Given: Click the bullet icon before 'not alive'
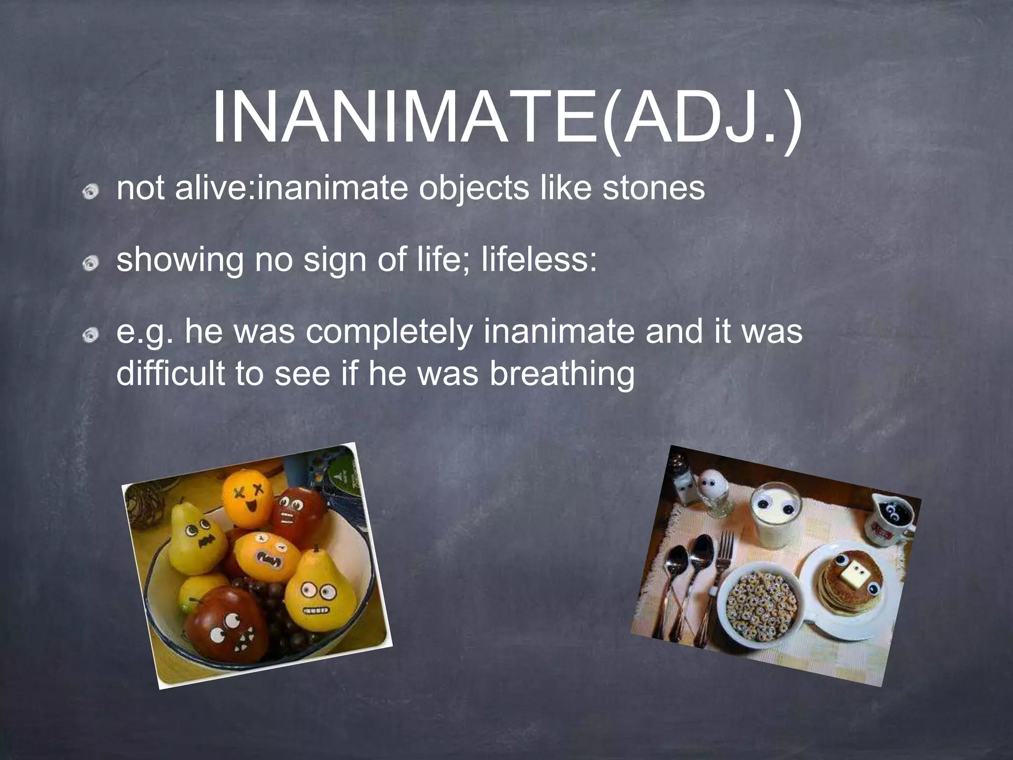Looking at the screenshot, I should pos(90,191).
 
